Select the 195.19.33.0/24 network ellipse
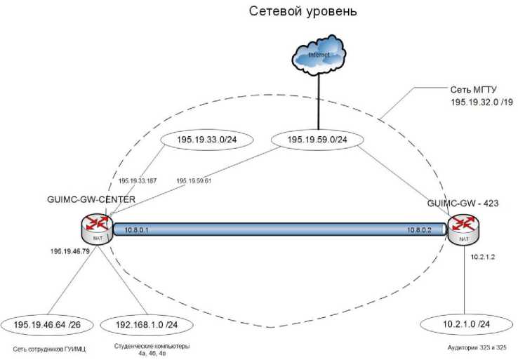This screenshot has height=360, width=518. click(x=201, y=141)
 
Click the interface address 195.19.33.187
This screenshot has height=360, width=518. click(x=137, y=181)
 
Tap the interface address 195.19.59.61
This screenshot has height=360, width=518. click(x=194, y=181)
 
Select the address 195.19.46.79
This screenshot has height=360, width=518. click(x=70, y=251)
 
